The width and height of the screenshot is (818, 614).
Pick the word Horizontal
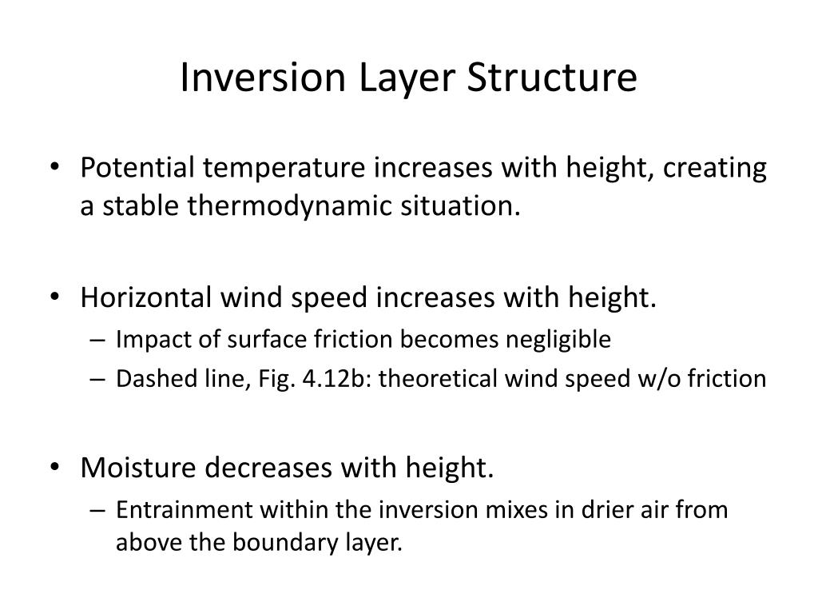pos(145,297)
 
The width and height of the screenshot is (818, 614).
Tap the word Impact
pos(144,340)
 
